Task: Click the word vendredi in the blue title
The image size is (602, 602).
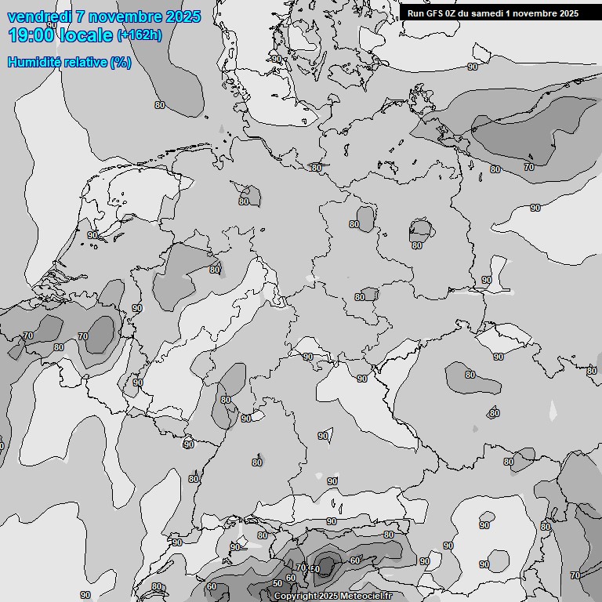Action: click(40, 17)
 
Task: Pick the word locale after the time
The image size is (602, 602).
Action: click(85, 34)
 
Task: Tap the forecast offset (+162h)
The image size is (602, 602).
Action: click(139, 35)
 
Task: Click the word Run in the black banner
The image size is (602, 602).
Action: click(415, 13)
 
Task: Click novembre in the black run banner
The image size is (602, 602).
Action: click(534, 13)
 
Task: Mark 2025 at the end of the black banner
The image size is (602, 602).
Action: click(568, 13)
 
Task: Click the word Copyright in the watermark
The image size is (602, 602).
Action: click(296, 597)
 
